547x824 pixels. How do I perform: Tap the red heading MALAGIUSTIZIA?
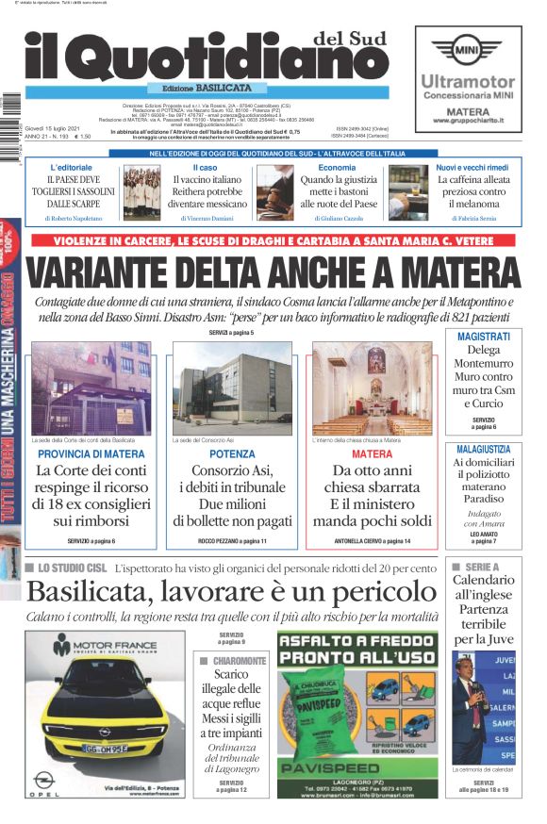(484, 450)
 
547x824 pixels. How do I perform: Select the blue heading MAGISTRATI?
(484, 337)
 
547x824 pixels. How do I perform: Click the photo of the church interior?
(370, 387)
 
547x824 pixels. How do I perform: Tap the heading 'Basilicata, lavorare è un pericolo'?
(231, 591)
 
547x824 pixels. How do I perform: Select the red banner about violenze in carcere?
(274, 241)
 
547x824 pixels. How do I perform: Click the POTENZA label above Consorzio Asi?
(231, 453)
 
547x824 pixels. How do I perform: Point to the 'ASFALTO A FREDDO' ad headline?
(356, 648)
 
